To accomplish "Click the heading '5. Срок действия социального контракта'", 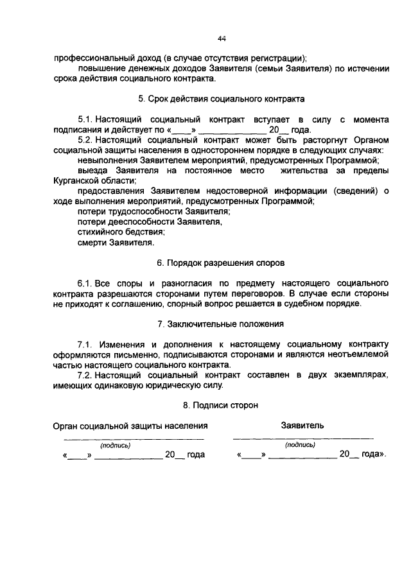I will click(x=221, y=100).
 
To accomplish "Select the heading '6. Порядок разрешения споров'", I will click(x=221, y=263).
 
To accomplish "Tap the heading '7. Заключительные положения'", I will click(x=221, y=324).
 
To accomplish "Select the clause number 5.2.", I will click(x=85, y=139).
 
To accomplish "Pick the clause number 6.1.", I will click(x=85, y=283).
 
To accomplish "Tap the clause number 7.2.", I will click(x=85, y=374).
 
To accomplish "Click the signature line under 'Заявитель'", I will click(x=302, y=438).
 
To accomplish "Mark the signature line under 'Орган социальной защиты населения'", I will click(x=133, y=438).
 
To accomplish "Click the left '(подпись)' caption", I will click(x=115, y=444).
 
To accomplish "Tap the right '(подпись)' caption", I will click(x=301, y=444).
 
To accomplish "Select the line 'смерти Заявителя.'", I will click(x=116, y=243).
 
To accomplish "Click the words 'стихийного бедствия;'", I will click(x=121, y=232).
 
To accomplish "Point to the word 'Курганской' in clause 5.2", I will click(x=74, y=181).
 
